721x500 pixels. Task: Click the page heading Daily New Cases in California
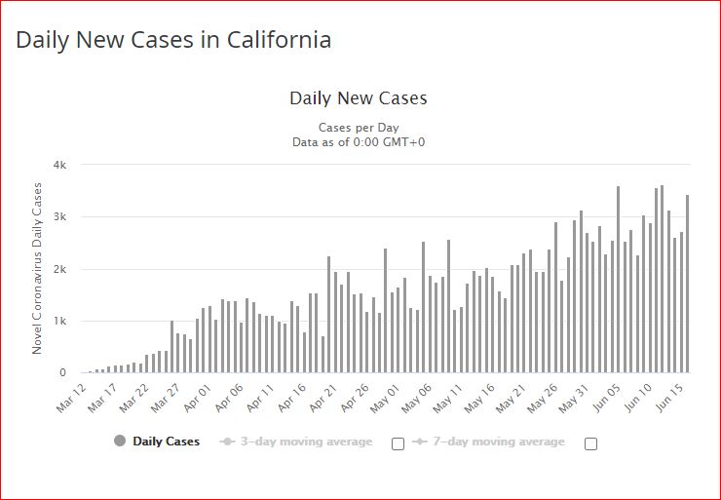click(x=173, y=40)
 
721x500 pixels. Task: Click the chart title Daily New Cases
click(x=359, y=98)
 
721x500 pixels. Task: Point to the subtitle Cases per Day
click(x=359, y=128)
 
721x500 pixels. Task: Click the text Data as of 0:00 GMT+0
click(x=359, y=142)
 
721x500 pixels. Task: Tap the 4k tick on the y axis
click(x=58, y=165)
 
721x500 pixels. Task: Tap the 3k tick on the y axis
click(x=58, y=216)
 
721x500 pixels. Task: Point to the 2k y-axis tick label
click(x=58, y=269)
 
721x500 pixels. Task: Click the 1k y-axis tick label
click(x=58, y=321)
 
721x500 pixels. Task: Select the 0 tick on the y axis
click(x=61, y=373)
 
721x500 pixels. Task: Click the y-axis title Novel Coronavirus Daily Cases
click(x=38, y=268)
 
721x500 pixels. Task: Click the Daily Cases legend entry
click(x=166, y=442)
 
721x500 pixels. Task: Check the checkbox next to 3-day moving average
click(x=398, y=443)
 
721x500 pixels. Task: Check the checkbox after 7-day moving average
click(x=590, y=443)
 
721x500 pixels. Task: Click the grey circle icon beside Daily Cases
click(x=120, y=442)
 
